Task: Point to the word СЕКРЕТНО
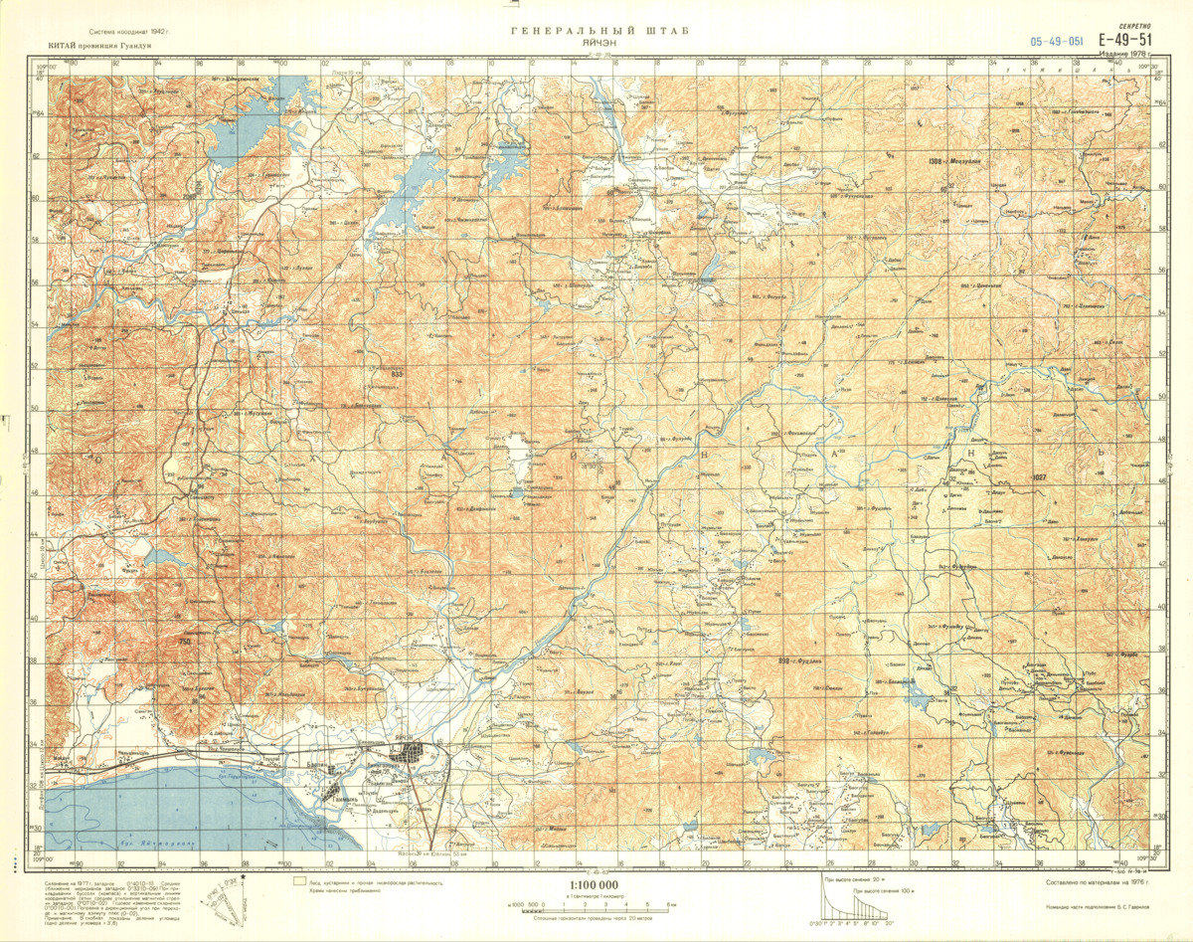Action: [x=1133, y=25]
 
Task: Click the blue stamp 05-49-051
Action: [x=1057, y=42]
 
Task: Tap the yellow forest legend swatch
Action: [x=298, y=879]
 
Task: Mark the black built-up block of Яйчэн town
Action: [x=409, y=757]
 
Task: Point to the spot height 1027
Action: [x=1040, y=477]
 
